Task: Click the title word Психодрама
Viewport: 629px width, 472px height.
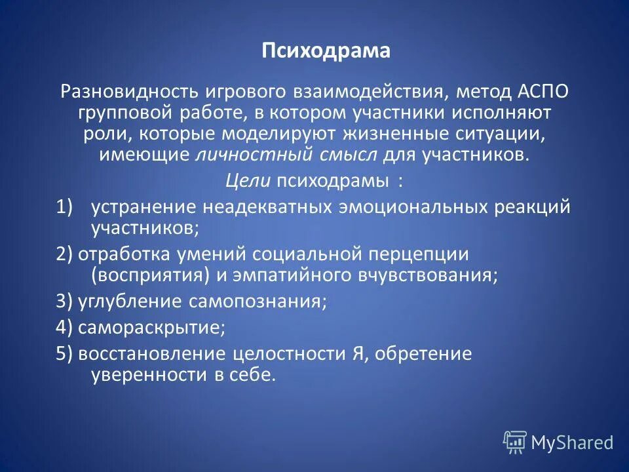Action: coord(326,51)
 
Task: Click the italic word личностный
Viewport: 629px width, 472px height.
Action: coord(240,155)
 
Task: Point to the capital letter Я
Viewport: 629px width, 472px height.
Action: coord(355,354)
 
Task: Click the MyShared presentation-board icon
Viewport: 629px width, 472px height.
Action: coord(515,442)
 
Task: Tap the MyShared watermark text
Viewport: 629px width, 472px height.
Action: coord(571,443)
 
